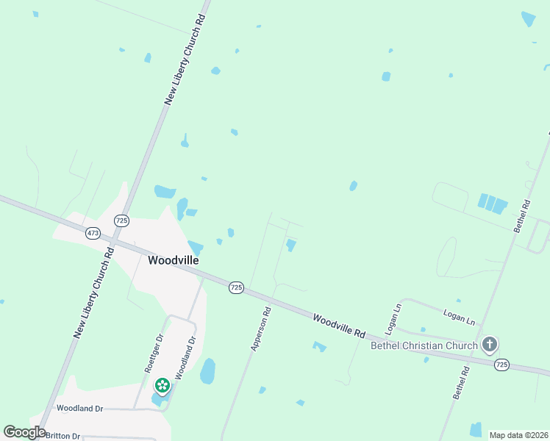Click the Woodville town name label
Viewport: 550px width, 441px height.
pos(174,260)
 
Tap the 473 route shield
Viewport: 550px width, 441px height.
pos(93,233)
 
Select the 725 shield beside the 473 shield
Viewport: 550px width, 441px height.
pos(121,220)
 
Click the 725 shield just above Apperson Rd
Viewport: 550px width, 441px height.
pos(235,287)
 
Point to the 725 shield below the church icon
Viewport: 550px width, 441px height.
pos(501,364)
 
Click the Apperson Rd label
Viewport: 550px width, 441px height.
pos(261,329)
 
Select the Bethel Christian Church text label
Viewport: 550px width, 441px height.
pos(424,345)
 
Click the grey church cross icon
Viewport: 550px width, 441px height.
pos(490,344)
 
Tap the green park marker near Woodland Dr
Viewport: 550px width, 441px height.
pos(162,384)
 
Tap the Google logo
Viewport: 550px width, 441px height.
pos(24,432)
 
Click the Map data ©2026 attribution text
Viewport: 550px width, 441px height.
pos(518,435)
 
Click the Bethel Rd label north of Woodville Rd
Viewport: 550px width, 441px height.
pos(522,217)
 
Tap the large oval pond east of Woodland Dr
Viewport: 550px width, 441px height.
pos(208,371)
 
